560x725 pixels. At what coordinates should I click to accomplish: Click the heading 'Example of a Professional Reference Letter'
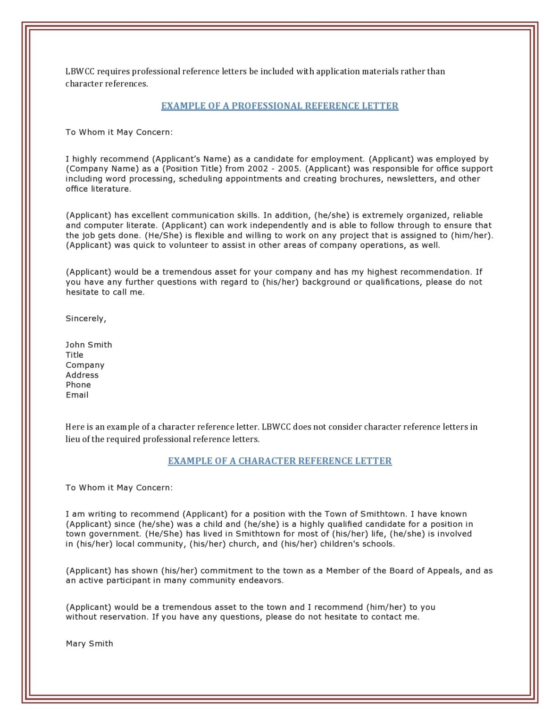coord(280,106)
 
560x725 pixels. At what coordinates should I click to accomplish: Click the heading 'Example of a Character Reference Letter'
coord(280,461)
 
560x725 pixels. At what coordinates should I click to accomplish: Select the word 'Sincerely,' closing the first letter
coord(86,319)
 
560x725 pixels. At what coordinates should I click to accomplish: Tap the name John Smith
coord(89,345)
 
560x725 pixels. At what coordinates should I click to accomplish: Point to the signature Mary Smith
coord(89,643)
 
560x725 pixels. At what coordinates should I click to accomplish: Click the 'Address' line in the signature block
coord(82,375)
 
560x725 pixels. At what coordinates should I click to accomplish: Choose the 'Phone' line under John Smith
coord(78,385)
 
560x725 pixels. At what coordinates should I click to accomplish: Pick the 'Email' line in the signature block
coord(77,395)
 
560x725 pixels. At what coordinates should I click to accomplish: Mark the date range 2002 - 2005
coord(274,169)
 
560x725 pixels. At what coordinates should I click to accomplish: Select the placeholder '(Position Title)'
coord(192,169)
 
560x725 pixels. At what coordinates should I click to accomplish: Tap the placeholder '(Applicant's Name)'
coord(191,159)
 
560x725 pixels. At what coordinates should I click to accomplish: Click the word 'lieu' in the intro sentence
coord(72,439)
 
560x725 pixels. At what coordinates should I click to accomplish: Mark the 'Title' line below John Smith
coord(75,354)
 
